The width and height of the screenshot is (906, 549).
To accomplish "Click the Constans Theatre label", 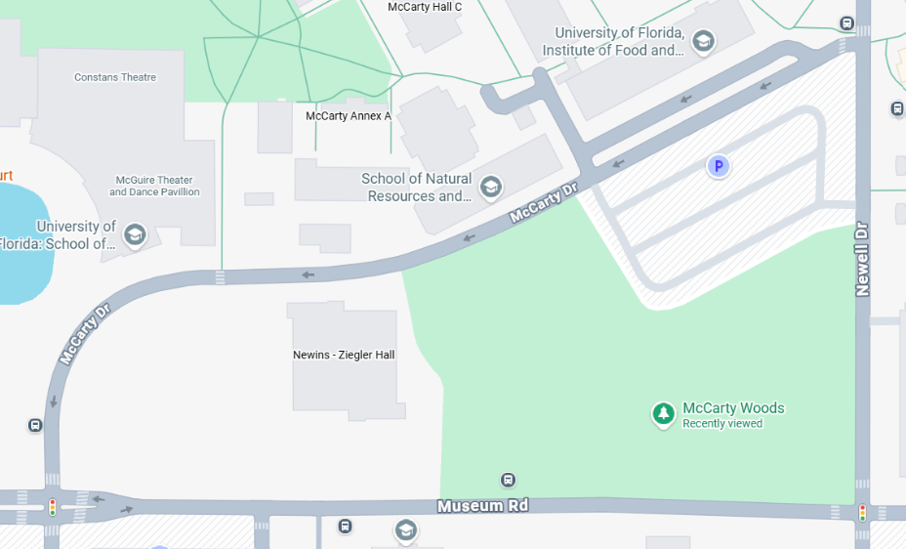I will pos(115,77).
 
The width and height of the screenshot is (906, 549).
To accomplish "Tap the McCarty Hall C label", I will pos(425,7).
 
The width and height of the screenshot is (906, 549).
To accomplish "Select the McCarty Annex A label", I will pos(349,115).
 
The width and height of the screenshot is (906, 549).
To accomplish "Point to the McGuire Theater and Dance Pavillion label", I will pos(154,186).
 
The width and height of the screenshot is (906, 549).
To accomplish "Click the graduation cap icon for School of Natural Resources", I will pos(491,187).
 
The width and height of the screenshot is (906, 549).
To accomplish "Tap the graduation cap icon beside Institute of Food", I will pos(702,41).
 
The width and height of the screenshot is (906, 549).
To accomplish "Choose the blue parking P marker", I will pos(719,167).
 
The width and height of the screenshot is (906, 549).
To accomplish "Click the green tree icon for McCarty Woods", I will pos(664,415).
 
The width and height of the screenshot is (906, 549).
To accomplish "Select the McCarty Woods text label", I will pos(733,408).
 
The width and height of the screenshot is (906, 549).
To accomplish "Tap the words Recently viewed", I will pos(722,424).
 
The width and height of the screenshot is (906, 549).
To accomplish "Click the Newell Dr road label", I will pos(862,258).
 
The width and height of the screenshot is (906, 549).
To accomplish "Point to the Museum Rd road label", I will pos(482,506).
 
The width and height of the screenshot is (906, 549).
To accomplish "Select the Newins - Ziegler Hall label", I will pos(344,355).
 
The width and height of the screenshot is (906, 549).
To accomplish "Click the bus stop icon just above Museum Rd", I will pos(508,480).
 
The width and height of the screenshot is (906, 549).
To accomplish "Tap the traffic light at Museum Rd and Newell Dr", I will pos(862,512).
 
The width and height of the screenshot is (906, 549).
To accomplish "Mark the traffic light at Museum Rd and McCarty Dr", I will pos(52,506).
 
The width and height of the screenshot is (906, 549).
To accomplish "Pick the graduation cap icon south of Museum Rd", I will pos(405,531).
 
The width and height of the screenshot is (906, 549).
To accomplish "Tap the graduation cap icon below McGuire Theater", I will pos(135,235).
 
